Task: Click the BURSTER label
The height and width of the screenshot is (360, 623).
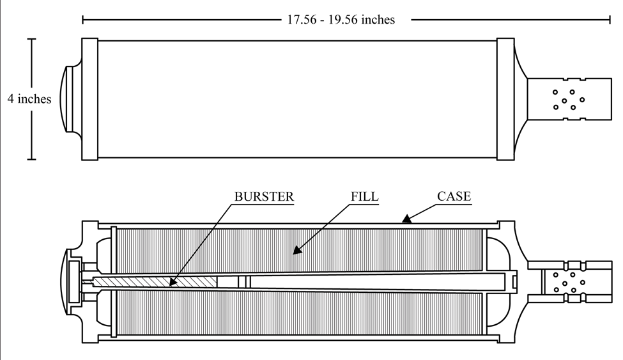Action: click(264, 196)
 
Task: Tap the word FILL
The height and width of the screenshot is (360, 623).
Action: click(364, 196)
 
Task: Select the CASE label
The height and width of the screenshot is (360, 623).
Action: click(454, 196)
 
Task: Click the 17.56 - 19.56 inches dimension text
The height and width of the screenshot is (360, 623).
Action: click(341, 19)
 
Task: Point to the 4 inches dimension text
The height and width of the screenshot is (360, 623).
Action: click(29, 98)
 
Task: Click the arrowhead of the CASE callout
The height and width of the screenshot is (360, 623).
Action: click(406, 219)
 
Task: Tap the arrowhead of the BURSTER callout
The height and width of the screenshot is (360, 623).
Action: click(172, 281)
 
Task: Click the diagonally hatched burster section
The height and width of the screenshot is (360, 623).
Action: click(155, 282)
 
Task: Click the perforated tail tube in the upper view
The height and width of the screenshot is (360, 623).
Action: click(569, 99)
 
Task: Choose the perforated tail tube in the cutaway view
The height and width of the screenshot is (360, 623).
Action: click(570, 282)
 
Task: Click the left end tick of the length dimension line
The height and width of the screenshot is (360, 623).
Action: click(82, 19)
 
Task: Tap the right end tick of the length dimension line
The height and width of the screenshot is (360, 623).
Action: click(610, 19)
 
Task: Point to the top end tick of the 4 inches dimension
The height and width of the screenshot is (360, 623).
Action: click(32, 39)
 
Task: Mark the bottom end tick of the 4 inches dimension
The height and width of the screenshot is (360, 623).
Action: click(32, 159)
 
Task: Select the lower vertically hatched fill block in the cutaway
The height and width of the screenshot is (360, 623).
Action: click(299, 313)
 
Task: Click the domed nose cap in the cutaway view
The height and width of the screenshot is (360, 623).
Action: click(63, 282)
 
